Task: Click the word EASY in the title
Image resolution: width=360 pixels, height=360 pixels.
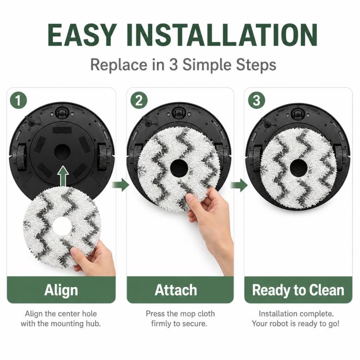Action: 81,35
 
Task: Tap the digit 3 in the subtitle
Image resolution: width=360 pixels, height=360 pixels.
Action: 173,64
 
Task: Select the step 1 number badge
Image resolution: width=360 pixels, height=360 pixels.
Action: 18,100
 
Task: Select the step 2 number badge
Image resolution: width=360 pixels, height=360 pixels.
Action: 139,100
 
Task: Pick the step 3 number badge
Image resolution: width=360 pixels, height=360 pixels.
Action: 256,100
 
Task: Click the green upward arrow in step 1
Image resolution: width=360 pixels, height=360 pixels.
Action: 63,176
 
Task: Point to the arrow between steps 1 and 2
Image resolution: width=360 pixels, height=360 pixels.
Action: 120,185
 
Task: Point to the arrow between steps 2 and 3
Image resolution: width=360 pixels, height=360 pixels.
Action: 239,185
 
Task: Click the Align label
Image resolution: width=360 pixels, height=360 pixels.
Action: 61,290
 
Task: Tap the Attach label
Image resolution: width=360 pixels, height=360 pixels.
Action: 176,290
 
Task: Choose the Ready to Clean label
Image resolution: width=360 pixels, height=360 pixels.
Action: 298,290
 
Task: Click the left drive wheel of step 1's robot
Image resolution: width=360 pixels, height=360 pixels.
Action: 21,157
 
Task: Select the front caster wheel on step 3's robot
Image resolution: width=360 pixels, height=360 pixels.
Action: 298,114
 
